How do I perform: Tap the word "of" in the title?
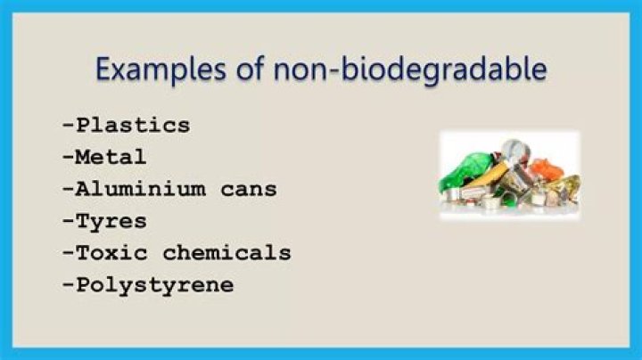click(x=238, y=70)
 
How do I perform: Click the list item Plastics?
click(x=133, y=125)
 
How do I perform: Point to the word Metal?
click(x=111, y=157)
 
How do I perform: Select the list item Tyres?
click(x=111, y=221)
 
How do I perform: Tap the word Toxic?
click(x=111, y=253)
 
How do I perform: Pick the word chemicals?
click(x=226, y=253)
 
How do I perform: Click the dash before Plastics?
click(x=68, y=125)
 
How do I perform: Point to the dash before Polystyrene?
click(x=68, y=285)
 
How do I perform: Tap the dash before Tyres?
click(x=68, y=221)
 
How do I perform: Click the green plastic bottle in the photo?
click(x=470, y=170)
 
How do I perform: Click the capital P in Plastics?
click(x=83, y=125)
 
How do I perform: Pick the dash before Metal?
click(x=68, y=157)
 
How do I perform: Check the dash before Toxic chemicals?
click(x=68, y=253)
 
